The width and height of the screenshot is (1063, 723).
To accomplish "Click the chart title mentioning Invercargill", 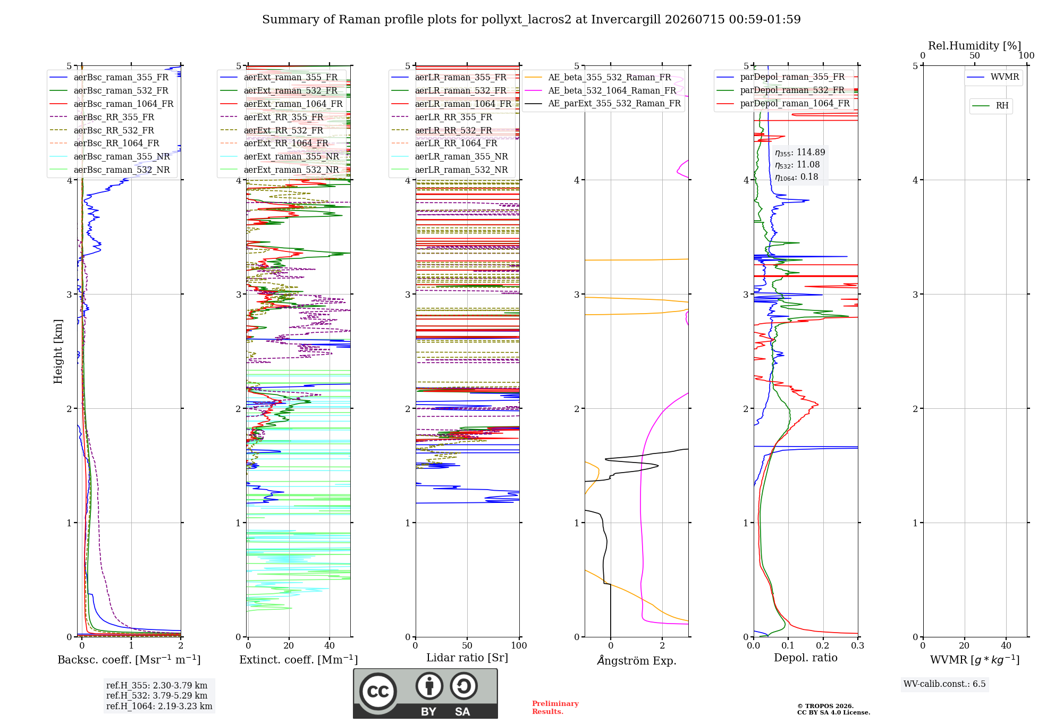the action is point(531,20).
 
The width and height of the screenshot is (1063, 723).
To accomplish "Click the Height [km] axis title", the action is point(58,351).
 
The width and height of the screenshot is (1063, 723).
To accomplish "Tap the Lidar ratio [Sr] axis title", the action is point(467,658).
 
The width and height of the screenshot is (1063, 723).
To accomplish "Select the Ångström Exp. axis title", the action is point(637,660).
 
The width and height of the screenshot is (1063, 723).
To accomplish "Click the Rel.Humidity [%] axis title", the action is point(975,46).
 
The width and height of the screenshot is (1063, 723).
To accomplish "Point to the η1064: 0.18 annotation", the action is point(796,177).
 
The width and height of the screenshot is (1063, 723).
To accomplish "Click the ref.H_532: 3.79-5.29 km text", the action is point(157,695).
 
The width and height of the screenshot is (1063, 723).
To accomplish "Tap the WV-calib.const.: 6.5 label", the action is point(944,684).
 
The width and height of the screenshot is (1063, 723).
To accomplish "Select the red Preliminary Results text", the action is point(555,708).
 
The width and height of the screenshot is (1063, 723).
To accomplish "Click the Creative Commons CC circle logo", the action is point(378,692).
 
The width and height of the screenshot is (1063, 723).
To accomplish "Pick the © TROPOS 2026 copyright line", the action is point(825,706).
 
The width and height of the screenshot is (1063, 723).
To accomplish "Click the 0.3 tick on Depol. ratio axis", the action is point(857,646).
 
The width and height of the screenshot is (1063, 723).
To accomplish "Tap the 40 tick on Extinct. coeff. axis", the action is point(330,646).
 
